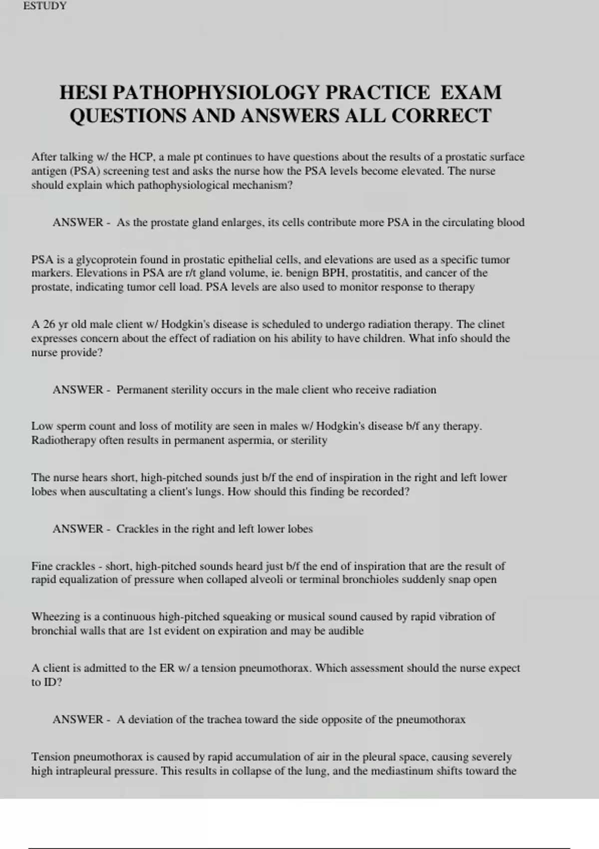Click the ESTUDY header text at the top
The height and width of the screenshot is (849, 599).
coord(45,6)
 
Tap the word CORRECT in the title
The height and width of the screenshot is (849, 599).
coord(441,116)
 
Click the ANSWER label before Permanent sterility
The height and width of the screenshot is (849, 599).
coord(78,390)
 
